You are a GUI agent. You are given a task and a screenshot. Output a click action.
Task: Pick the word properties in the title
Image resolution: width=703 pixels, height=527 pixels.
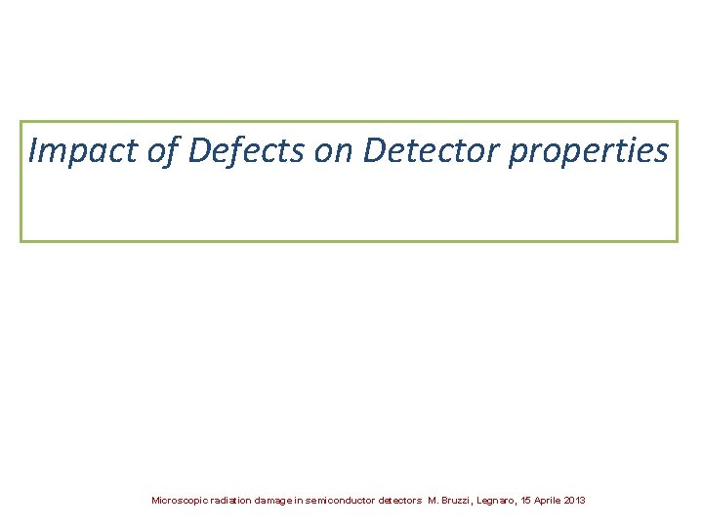pos(588,152)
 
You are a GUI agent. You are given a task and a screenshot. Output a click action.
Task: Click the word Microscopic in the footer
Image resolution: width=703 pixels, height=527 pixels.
pos(179,501)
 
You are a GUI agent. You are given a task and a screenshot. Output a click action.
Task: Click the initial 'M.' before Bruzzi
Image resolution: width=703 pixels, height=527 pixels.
pos(434,501)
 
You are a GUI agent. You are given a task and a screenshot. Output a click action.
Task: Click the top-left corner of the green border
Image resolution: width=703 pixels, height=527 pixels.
pos(21,122)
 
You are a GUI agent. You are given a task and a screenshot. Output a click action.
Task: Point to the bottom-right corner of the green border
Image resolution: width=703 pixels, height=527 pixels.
pos(676,240)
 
